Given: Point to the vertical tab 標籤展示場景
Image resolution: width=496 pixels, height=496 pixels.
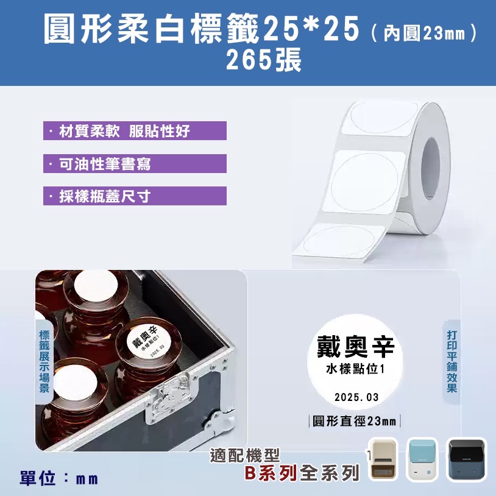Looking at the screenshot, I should [x=44, y=361].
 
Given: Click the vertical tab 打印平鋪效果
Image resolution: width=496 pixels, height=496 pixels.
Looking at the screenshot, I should [x=452, y=361].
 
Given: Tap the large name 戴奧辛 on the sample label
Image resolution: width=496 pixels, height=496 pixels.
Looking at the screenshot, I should [x=356, y=347].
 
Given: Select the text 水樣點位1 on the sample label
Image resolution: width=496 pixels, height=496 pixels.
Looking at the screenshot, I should [x=356, y=370].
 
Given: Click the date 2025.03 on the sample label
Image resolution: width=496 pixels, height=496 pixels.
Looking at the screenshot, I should [x=356, y=397].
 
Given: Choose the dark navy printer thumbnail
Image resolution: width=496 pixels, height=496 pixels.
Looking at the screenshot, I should [x=467, y=460].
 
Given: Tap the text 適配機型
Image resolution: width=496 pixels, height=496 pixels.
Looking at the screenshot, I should [x=244, y=455].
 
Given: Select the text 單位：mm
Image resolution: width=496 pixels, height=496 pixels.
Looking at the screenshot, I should [x=58, y=478].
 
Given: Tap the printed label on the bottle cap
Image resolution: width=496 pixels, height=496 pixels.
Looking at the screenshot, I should [x=145, y=341].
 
